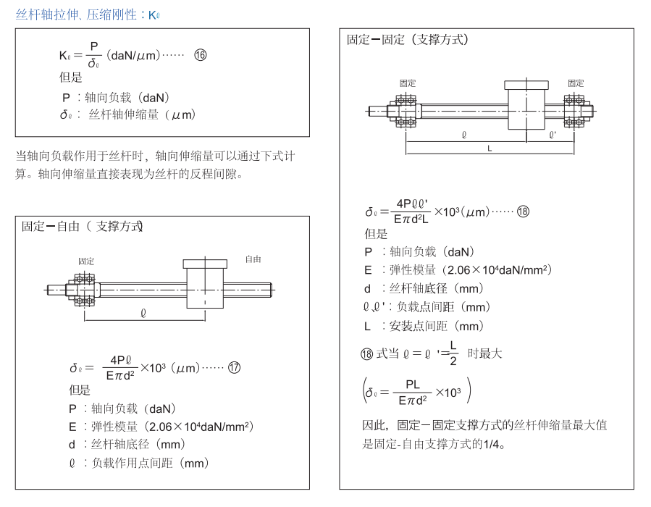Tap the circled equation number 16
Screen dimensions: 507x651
point(200,55)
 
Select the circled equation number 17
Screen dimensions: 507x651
point(234,367)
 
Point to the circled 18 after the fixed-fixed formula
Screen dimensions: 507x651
point(522,211)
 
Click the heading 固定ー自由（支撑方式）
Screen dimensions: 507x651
point(82,226)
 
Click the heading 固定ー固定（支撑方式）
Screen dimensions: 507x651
point(408,39)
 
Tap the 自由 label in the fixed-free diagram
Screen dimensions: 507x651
point(253,259)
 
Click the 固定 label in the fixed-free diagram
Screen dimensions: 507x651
point(86,261)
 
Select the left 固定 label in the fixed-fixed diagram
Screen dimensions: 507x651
point(408,83)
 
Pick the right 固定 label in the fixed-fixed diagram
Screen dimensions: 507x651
point(576,83)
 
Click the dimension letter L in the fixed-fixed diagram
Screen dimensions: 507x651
point(490,148)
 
